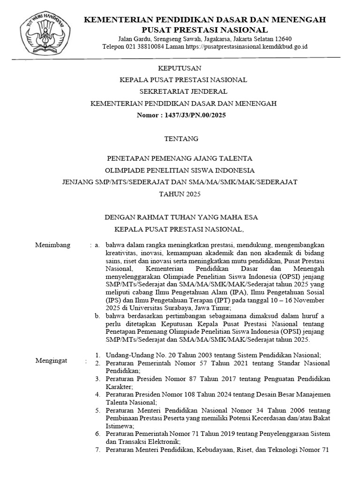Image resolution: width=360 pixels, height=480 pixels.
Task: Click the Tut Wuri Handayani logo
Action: (x=45, y=35)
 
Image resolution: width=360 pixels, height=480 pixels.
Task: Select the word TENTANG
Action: (x=180, y=139)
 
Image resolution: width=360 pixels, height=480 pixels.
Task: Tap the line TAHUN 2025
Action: (x=180, y=194)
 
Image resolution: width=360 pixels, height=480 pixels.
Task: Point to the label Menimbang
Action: (x=53, y=245)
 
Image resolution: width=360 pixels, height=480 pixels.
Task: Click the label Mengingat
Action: (x=52, y=360)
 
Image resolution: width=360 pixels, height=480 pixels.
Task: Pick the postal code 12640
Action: (x=283, y=38)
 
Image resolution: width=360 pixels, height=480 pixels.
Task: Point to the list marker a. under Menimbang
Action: (x=97, y=245)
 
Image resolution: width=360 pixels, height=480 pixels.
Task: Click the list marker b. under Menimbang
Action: (x=97, y=316)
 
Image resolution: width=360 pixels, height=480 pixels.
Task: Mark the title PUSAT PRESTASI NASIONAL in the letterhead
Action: (x=205, y=30)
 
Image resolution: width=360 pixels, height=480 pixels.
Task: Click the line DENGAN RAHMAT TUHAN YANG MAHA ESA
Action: (x=180, y=217)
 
